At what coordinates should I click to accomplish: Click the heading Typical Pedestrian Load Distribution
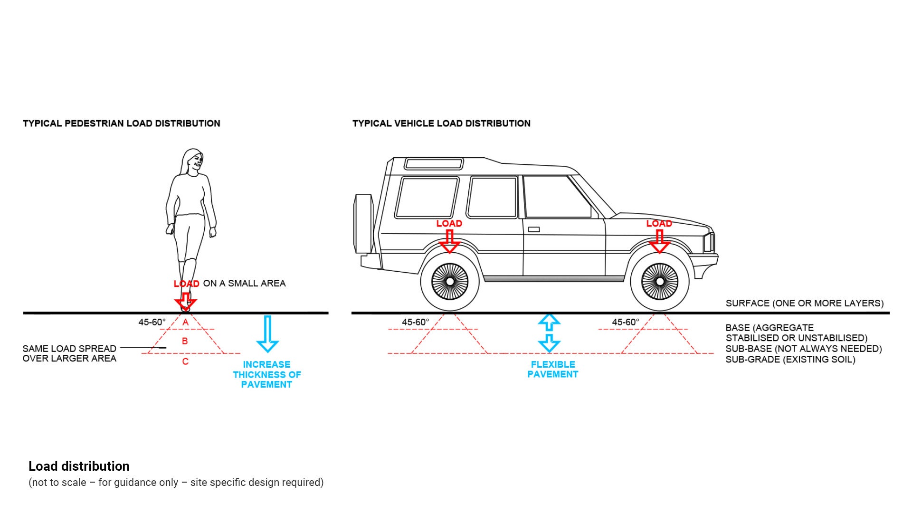(121, 123)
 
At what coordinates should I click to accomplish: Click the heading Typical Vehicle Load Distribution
(441, 123)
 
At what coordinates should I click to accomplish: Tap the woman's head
(192, 161)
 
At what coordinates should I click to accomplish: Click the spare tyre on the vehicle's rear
(363, 223)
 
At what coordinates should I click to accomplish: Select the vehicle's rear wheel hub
(449, 282)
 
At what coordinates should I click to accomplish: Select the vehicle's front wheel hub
(660, 282)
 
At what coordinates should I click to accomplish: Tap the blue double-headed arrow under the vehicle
(549, 332)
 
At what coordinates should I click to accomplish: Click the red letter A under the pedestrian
(186, 323)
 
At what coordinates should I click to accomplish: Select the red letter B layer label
(185, 341)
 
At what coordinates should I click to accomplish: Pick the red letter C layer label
(185, 361)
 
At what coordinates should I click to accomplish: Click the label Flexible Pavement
(553, 370)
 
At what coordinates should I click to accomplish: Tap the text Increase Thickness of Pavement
(266, 374)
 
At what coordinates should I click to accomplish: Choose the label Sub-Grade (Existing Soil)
(790, 360)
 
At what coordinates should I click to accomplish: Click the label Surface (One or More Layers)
(804, 303)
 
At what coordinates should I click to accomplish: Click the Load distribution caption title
(79, 466)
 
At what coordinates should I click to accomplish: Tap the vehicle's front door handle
(534, 229)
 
